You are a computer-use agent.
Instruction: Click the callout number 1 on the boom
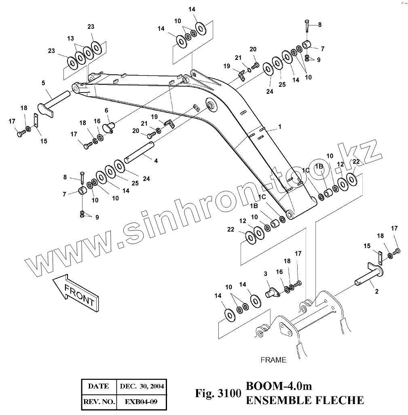pos(279,126)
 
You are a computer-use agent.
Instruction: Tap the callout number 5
pos(43,83)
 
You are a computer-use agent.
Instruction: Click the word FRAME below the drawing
pos(273,360)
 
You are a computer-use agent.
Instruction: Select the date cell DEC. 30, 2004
pos(142,386)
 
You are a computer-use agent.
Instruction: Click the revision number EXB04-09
pos(141,402)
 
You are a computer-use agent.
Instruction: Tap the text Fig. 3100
pos(218,393)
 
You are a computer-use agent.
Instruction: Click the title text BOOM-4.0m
pos(279,386)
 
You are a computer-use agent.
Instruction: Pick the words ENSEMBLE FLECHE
pos(304,400)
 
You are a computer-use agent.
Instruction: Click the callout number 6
pos(106,110)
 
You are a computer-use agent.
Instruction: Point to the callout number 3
pos(266,274)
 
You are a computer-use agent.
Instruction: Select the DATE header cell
pos(98,386)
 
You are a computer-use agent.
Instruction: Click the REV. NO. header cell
pos(98,402)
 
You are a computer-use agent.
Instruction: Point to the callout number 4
pos(156,160)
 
